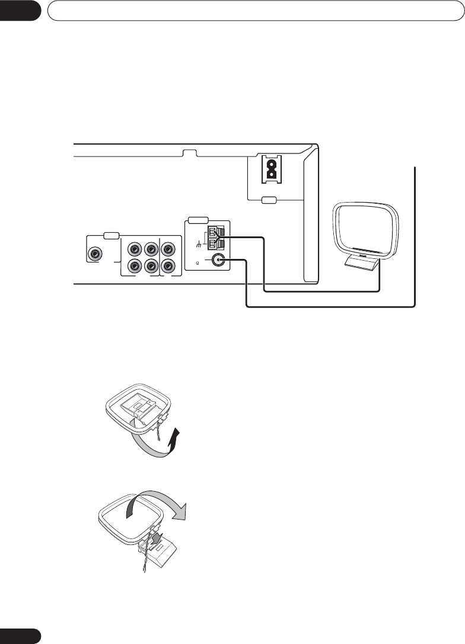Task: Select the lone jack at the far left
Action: coord(94,254)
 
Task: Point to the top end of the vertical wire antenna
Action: coord(415,169)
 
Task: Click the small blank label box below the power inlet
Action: coord(269,200)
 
